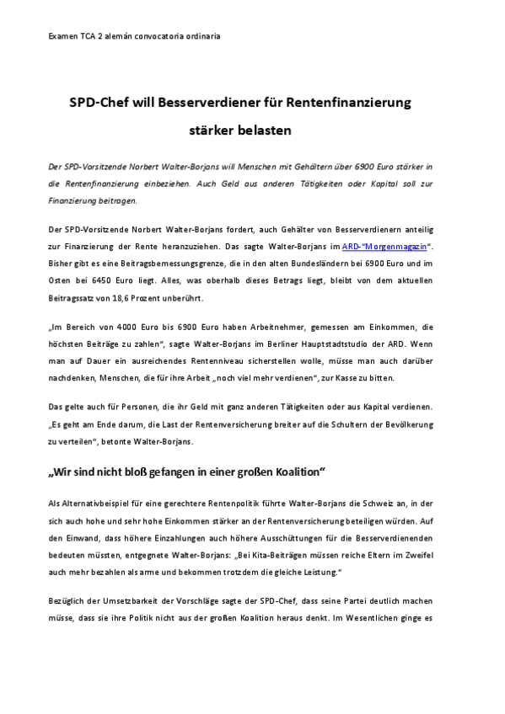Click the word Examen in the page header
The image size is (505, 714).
pyautogui.click(x=62, y=37)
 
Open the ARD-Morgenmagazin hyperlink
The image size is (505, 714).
pyautogui.click(x=384, y=246)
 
